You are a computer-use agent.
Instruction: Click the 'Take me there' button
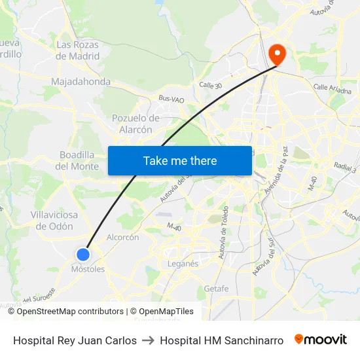pyautogui.click(x=180, y=160)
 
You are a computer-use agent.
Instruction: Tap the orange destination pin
pyautogui.click(x=276, y=53)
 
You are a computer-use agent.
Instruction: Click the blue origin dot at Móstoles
pyautogui.click(x=83, y=255)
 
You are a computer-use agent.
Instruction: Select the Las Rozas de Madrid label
pyautogui.click(x=78, y=50)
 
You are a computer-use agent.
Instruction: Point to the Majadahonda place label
pyautogui.click(x=81, y=82)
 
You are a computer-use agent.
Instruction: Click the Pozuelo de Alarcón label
pyautogui.click(x=136, y=124)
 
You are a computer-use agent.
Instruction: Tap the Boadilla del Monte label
pyautogui.click(x=77, y=160)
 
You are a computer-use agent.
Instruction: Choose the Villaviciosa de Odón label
pyautogui.click(x=54, y=221)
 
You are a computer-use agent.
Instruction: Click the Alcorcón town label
pyautogui.click(x=122, y=238)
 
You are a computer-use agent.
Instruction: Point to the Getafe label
pyautogui.click(x=216, y=289)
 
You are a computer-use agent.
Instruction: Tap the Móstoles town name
pyautogui.click(x=88, y=269)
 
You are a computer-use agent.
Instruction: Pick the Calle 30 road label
pyautogui.click(x=211, y=85)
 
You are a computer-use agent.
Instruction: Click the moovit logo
pyautogui.click(x=320, y=340)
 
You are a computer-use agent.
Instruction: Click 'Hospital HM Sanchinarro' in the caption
pyautogui.click(x=221, y=340)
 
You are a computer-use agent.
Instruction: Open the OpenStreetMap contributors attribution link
pyautogui.click(x=70, y=312)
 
